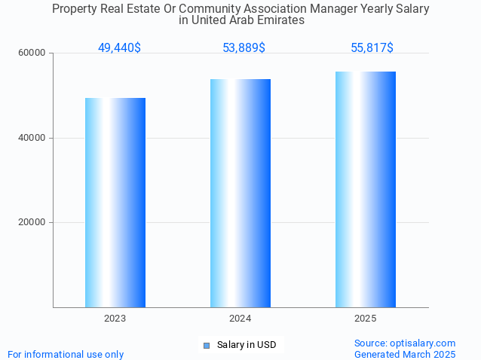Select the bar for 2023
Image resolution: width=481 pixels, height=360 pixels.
tap(115, 203)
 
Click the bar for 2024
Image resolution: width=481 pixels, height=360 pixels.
tap(240, 193)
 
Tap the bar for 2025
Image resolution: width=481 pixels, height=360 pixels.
tap(366, 189)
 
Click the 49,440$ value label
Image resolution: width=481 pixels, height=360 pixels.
tap(119, 48)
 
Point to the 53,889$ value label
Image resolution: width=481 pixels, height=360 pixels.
tap(244, 48)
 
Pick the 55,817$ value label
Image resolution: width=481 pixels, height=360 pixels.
tap(372, 48)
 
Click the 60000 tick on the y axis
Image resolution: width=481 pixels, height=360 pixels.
tap(33, 53)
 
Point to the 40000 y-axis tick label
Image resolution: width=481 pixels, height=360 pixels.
tap(33, 138)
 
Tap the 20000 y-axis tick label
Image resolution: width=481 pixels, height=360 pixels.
tap(33, 223)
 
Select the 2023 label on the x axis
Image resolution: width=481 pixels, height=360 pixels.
tap(115, 319)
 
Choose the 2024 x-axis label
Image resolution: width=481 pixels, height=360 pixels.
tap(240, 319)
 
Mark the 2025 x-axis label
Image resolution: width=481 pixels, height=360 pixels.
tap(366, 319)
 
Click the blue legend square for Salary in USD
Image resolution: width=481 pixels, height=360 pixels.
tap(206, 346)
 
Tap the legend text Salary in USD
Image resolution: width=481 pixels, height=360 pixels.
tap(247, 345)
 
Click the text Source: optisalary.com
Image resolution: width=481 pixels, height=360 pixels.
tap(405, 343)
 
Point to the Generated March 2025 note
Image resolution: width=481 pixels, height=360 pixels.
tap(405, 354)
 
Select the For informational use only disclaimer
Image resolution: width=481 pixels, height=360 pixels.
tap(66, 354)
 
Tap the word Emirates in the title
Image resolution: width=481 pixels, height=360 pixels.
tap(280, 20)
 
